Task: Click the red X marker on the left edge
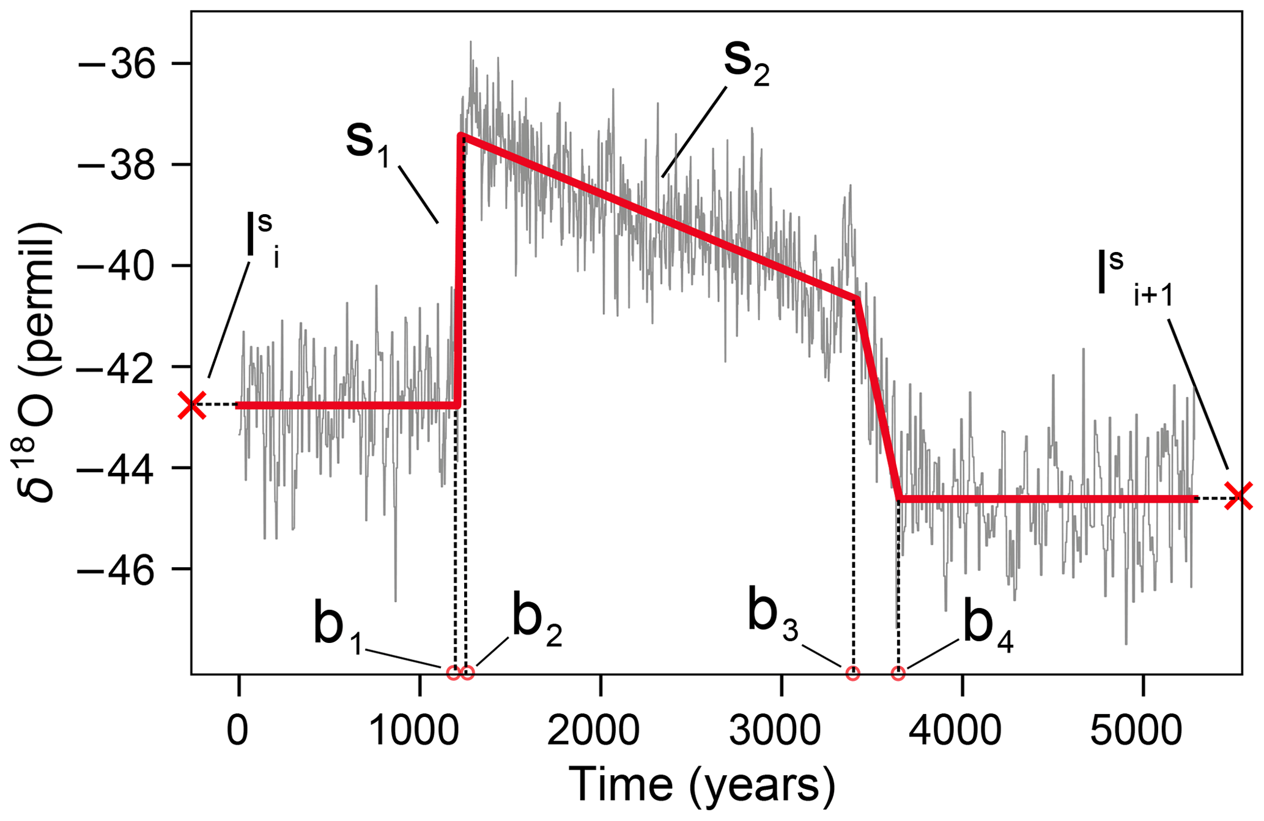pos(192,405)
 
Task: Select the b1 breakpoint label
pos(337,628)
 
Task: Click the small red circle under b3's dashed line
pos(852,673)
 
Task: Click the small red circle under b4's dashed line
pos(898,673)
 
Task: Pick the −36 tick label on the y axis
pos(116,64)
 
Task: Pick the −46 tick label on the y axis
pos(116,570)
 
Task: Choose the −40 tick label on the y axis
pos(116,266)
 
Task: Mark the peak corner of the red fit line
pos(460,135)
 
